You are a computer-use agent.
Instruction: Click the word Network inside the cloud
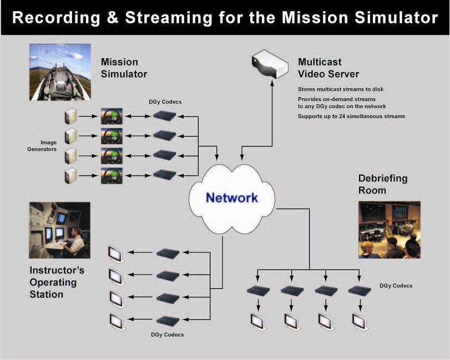click(x=231, y=197)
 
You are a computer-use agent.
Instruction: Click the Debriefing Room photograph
click(x=389, y=230)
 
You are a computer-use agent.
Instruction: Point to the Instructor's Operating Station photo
click(x=59, y=230)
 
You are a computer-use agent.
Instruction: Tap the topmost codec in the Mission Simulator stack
click(x=165, y=116)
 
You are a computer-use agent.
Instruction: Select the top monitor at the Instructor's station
click(x=116, y=253)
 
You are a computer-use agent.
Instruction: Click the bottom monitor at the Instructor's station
click(x=116, y=320)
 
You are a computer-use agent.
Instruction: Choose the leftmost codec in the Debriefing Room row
click(x=258, y=290)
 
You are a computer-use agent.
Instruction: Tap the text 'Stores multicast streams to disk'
click(x=341, y=89)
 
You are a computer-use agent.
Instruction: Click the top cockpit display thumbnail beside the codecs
click(x=111, y=116)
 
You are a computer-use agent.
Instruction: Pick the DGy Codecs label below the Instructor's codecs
click(x=167, y=334)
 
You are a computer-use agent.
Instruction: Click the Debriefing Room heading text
click(x=383, y=184)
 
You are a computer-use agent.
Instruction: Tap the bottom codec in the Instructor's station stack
click(x=168, y=320)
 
